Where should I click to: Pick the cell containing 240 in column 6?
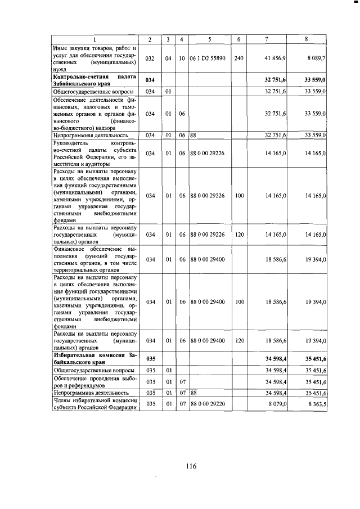click(239, 58)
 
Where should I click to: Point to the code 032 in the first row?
click(150, 58)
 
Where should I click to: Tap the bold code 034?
click(150, 80)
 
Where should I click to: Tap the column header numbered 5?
click(209, 39)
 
